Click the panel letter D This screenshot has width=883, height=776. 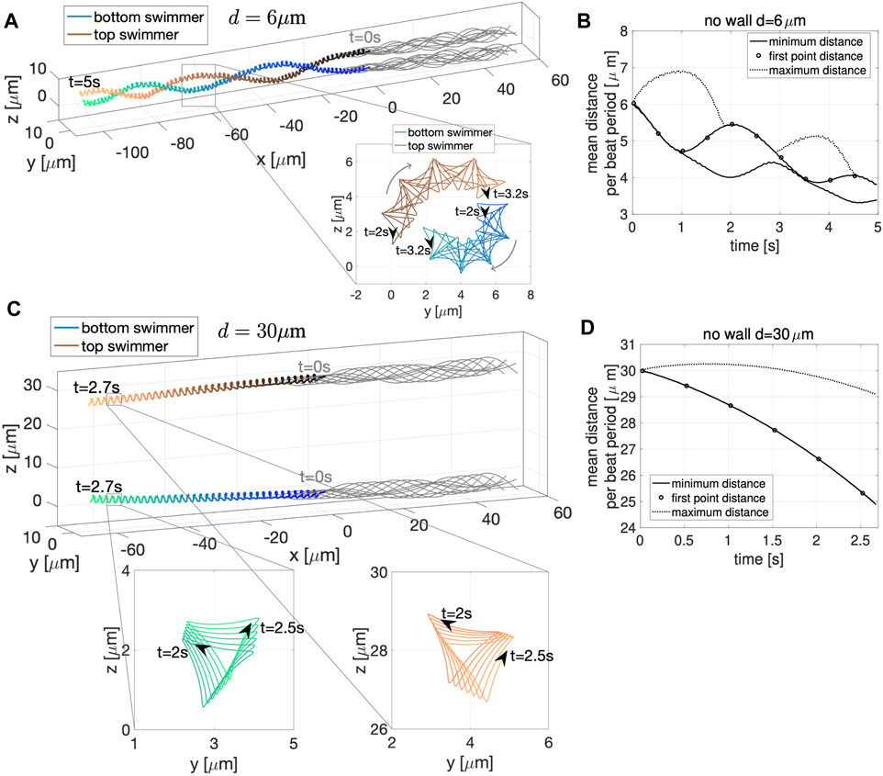(587, 328)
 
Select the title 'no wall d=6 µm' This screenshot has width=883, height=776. (754, 21)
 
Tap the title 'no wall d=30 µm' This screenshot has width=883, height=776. (758, 334)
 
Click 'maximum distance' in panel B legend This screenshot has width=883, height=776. (817, 71)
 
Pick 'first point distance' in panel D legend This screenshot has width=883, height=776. (718, 498)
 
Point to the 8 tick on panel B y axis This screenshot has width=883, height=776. (623, 31)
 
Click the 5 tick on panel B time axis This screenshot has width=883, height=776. (877, 227)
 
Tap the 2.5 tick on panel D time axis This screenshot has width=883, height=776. (860, 540)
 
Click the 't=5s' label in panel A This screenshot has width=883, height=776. (84, 82)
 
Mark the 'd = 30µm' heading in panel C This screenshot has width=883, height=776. (262, 331)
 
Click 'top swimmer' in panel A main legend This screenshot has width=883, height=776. (136, 34)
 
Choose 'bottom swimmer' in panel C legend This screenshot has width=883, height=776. (138, 328)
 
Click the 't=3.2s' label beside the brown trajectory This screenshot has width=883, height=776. (510, 194)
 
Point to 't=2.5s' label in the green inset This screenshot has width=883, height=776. (282, 628)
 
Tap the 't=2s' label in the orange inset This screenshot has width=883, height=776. (457, 613)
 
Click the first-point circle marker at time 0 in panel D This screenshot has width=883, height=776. (642, 371)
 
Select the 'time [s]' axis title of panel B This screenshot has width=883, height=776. (755, 246)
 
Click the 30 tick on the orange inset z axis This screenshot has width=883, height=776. (380, 572)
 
